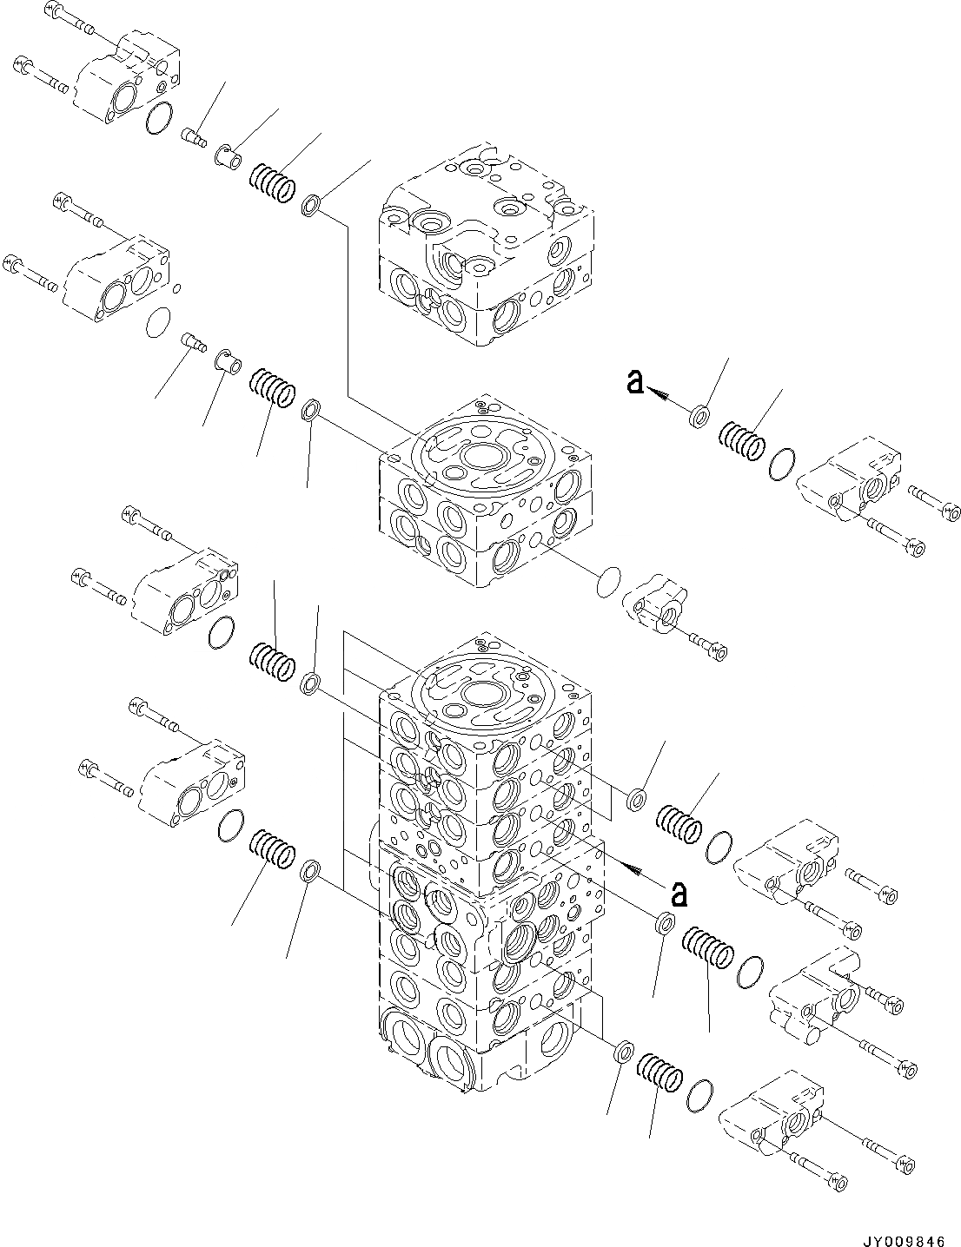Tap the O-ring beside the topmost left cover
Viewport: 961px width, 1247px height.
[x=158, y=119]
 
